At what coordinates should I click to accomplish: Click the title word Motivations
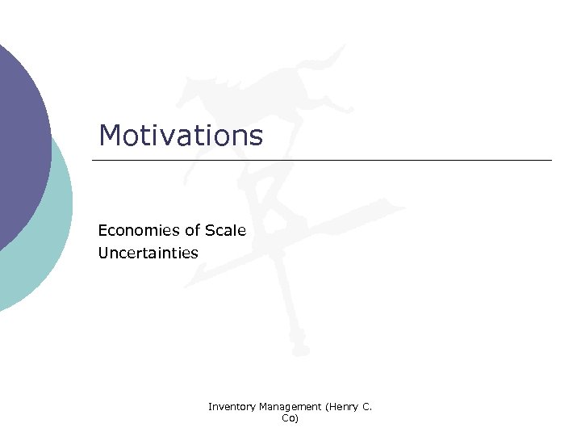(x=181, y=136)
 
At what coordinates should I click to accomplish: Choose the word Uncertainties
(x=148, y=253)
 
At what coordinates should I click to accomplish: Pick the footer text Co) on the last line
(x=290, y=418)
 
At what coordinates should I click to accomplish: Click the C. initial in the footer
(x=367, y=407)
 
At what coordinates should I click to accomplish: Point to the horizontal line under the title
(x=323, y=160)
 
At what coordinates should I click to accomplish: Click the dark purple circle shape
(x=20, y=137)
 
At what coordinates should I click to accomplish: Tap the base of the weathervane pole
(x=299, y=349)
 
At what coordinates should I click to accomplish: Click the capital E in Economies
(x=102, y=231)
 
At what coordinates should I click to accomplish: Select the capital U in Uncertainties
(x=103, y=253)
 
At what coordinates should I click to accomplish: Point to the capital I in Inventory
(x=210, y=407)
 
